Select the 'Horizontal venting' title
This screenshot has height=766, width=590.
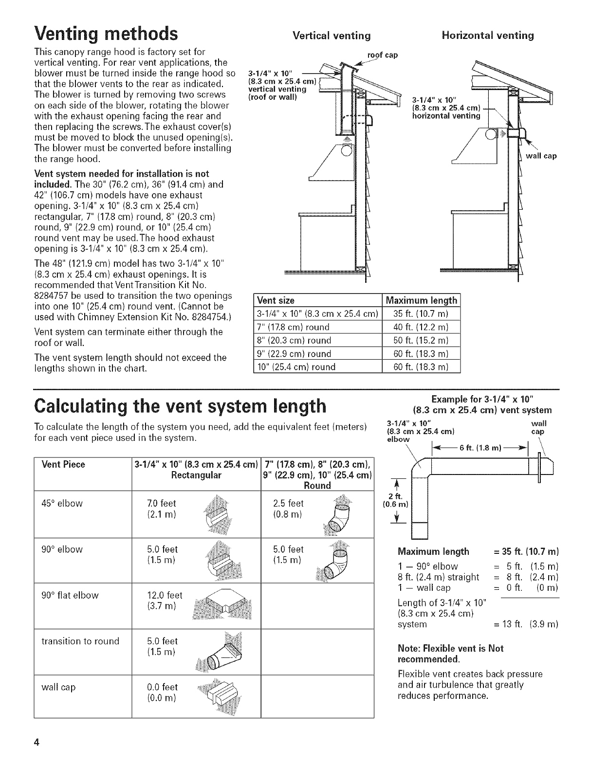tap(487, 35)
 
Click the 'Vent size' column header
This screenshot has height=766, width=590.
tap(276, 300)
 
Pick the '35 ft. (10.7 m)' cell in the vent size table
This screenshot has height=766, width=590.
tap(421, 313)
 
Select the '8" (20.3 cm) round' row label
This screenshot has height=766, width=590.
tap(294, 340)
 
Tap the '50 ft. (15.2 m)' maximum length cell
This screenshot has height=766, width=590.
tap(421, 340)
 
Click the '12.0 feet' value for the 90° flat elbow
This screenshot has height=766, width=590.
tap(165, 595)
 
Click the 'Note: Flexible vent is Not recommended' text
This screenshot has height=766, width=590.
tap(450, 654)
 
